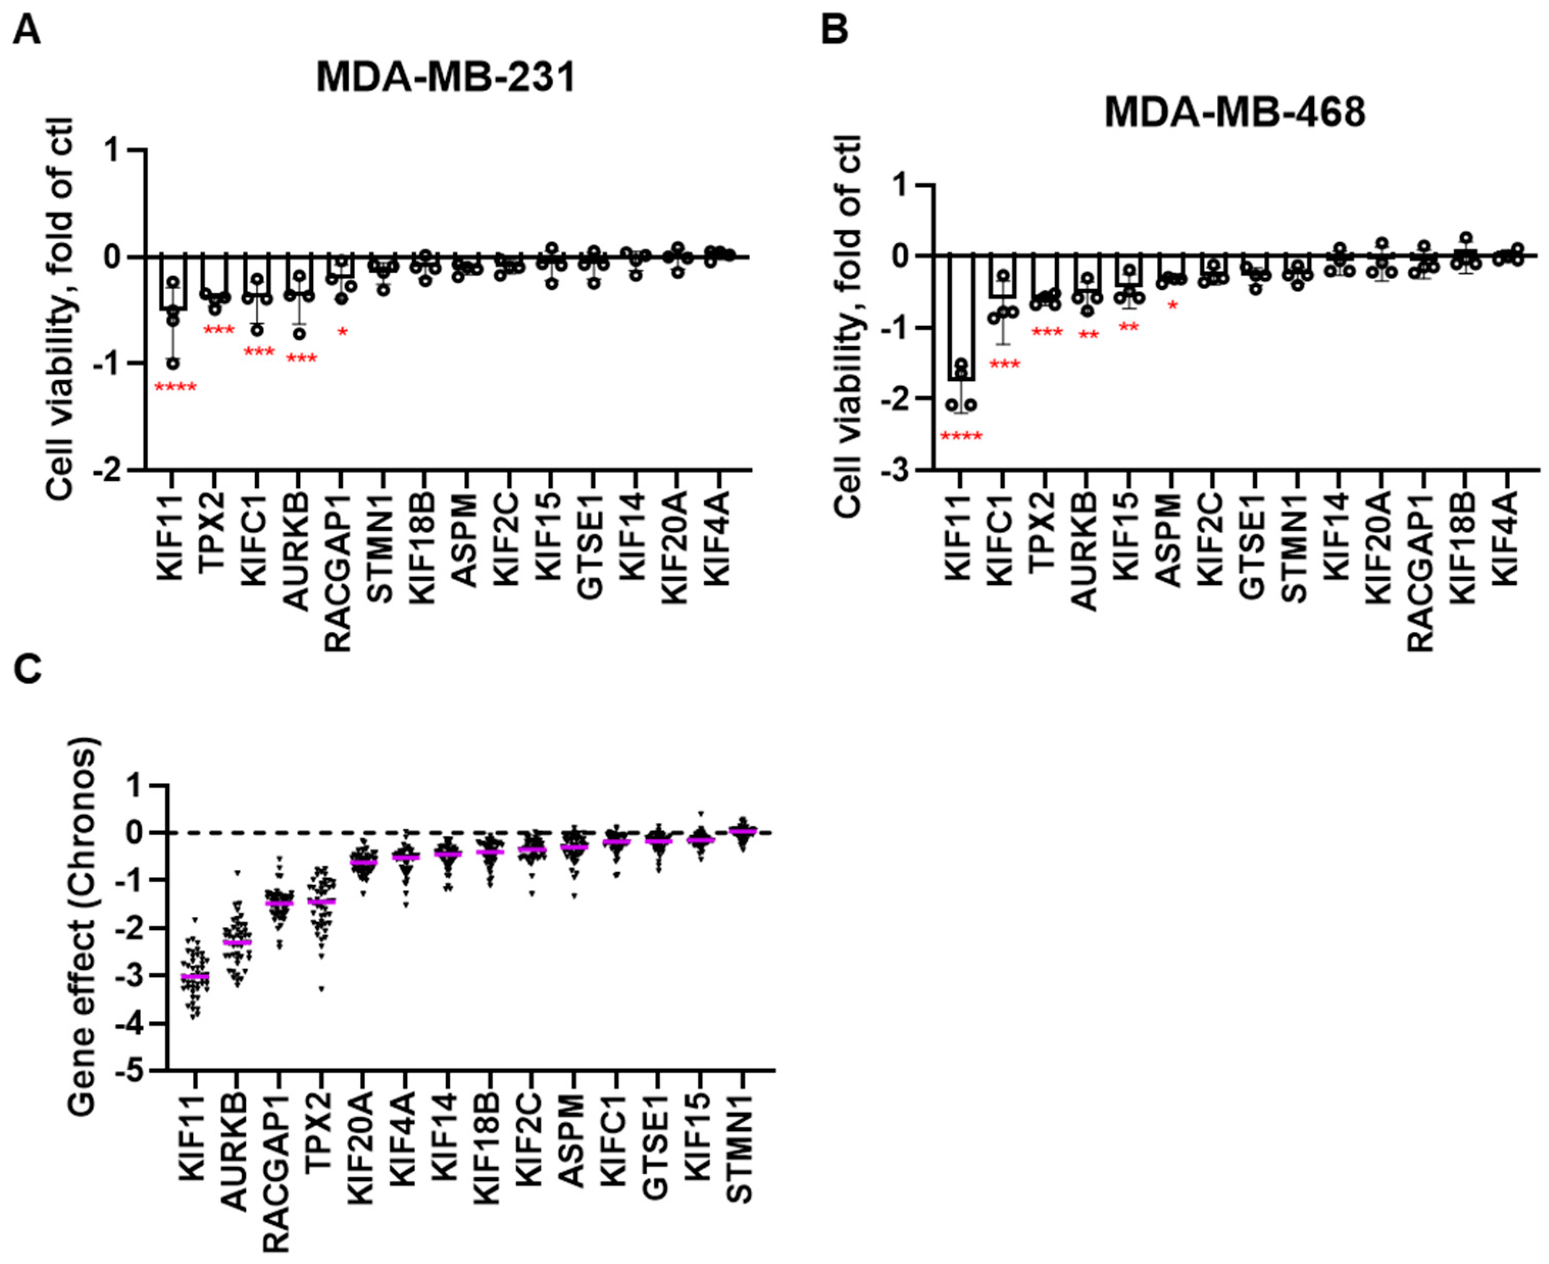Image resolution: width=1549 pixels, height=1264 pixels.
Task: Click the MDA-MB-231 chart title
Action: (x=446, y=77)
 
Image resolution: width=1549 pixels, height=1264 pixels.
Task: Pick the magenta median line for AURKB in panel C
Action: (x=237, y=942)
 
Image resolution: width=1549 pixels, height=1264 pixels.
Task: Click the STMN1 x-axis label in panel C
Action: (x=741, y=1158)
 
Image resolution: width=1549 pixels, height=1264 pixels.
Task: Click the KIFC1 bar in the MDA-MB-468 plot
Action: (x=1003, y=277)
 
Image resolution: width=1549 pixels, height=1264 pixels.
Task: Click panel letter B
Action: (x=834, y=31)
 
